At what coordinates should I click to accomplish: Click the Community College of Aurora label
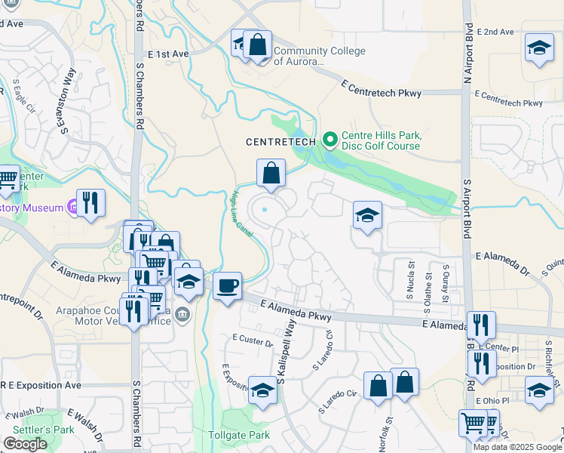pyautogui.click(x=319, y=57)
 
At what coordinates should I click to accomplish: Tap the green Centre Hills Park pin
pyautogui.click(x=329, y=140)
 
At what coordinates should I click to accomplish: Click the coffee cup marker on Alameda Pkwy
pyautogui.click(x=227, y=286)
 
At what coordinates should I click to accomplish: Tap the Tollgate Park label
pyautogui.click(x=239, y=436)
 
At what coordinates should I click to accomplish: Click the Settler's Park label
pyautogui.click(x=26, y=430)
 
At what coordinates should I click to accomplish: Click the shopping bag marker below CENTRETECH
pyautogui.click(x=271, y=173)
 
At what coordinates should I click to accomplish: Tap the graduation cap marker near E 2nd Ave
pyautogui.click(x=539, y=48)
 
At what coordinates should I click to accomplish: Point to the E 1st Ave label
pyautogui.click(x=168, y=54)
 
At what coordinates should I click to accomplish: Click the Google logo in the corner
pyautogui.click(x=25, y=444)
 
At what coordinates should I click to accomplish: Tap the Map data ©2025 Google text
pyautogui.click(x=517, y=447)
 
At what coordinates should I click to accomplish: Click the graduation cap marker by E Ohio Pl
pyautogui.click(x=539, y=391)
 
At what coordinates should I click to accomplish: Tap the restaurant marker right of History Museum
pyautogui.click(x=90, y=202)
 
